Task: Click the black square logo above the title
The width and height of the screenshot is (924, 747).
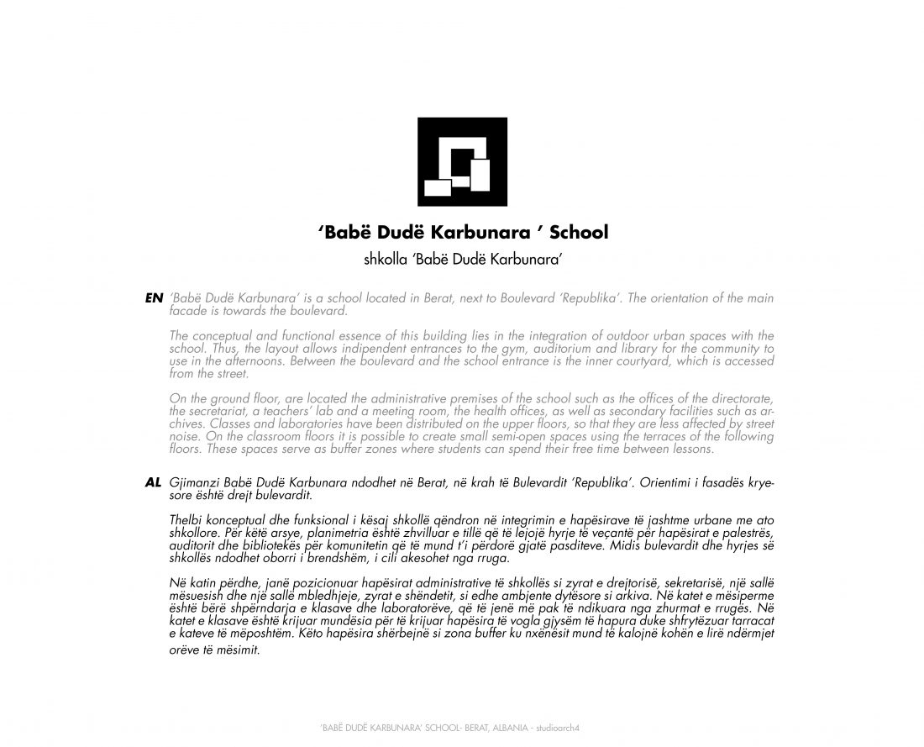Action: tap(463, 162)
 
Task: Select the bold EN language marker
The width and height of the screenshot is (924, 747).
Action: tap(154, 298)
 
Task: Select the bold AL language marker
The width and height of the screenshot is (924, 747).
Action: tap(153, 484)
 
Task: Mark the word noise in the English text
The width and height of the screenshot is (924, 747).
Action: tap(185, 437)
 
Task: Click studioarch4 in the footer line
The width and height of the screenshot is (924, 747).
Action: tap(558, 727)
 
